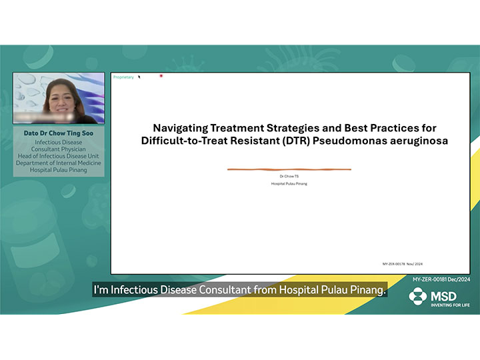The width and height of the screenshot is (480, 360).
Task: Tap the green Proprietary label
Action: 123,77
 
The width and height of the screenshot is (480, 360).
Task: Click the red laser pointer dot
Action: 161,76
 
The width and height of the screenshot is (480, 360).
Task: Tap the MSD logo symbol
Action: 418,295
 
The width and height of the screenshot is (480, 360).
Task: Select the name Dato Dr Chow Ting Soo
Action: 59,133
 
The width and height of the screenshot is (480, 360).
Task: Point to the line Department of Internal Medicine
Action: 59,163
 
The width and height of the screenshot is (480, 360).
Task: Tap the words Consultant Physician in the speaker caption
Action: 59,149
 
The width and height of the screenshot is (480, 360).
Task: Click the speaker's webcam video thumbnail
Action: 59,98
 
